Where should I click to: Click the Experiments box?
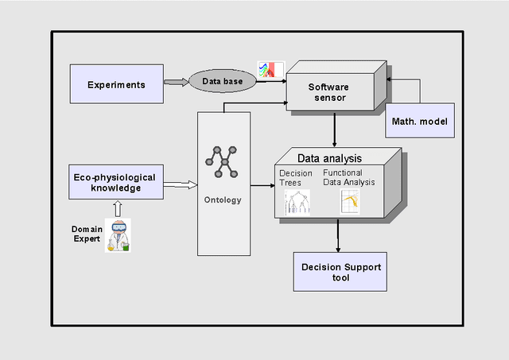116,84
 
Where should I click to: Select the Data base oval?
222,81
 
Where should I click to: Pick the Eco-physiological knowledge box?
116,183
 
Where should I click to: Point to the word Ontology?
223,199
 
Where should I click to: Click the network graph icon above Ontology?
223,161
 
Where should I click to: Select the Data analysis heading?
329,158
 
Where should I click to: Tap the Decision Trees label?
296,178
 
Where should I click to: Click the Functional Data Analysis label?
348,178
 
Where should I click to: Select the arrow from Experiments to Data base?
175,81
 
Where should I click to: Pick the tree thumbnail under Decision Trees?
297,201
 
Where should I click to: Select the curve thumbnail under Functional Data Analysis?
350,201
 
